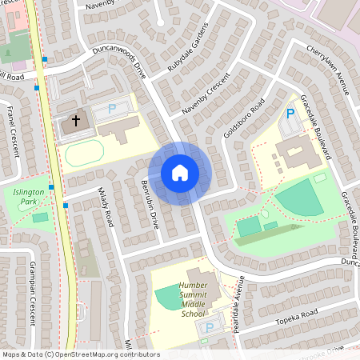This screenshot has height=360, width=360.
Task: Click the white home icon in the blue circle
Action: (179, 173)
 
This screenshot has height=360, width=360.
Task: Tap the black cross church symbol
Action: (76, 122)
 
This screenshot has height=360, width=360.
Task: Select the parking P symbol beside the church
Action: (112, 108)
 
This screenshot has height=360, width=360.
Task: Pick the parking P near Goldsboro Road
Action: (290, 114)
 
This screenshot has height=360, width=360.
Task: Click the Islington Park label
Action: (31, 198)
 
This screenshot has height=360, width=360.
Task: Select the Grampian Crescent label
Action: (31, 293)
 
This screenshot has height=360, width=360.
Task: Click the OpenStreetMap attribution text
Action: (81, 354)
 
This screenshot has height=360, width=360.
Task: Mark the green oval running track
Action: (84, 152)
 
